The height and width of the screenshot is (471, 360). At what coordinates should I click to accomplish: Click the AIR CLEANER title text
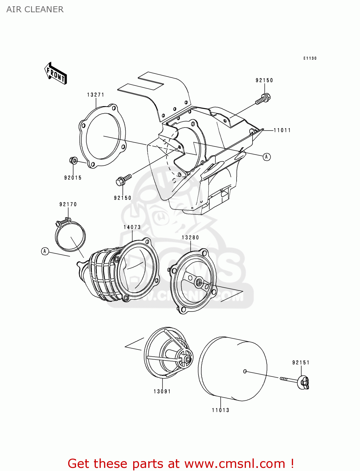[x=35, y=9]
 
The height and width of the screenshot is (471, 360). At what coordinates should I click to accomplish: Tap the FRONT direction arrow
[x=56, y=73]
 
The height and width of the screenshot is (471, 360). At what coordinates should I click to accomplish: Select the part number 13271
[x=95, y=95]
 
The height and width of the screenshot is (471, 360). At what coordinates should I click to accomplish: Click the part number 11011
[x=282, y=130]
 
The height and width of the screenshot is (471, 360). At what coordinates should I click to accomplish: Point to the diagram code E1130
[x=310, y=58]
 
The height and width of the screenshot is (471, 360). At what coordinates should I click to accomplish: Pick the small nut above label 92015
[x=73, y=161]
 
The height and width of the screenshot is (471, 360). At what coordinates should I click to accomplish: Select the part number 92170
[x=68, y=204]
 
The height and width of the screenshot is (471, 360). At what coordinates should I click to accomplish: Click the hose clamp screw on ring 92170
[x=63, y=222]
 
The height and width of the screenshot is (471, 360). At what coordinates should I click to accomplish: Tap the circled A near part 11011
[x=267, y=157]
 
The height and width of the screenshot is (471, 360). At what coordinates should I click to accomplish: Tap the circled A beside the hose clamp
[x=45, y=251]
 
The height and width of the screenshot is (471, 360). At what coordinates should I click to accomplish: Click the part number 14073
[x=132, y=227]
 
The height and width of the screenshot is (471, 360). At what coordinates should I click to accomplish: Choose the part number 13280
[x=190, y=238]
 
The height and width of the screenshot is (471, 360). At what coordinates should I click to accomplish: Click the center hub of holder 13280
[x=199, y=283]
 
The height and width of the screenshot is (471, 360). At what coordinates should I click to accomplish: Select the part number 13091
[x=162, y=392]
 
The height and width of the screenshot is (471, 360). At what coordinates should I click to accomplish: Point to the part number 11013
[x=221, y=410]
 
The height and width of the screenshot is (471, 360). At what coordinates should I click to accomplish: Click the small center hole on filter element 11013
[x=245, y=371]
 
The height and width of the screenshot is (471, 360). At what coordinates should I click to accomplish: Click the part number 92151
[x=301, y=363]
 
